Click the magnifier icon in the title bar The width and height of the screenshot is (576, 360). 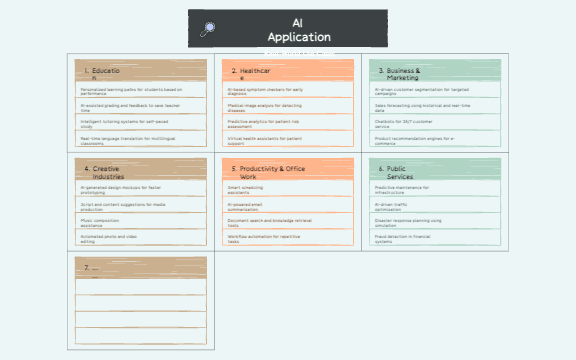pos(207,29)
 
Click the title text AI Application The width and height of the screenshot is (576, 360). pos(298,29)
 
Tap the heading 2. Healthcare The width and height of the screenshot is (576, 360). pos(250,72)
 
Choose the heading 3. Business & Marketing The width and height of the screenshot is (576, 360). pos(402,72)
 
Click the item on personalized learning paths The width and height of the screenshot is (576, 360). pos(140,90)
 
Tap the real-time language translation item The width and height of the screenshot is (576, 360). pos(140,140)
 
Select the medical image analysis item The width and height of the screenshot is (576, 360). pos(288,107)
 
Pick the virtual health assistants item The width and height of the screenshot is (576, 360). pos(288,140)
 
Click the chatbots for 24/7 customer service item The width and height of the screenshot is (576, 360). pos(434,124)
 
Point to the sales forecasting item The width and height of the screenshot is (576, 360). pos(434,107)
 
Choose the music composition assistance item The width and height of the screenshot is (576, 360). pos(140,222)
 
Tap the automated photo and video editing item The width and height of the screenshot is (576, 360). pos(140,238)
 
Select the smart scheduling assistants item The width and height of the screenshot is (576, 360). pos(288,189)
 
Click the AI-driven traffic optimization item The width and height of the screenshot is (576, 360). pos(434,206)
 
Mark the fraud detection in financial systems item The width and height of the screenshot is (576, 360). pos(434,238)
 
